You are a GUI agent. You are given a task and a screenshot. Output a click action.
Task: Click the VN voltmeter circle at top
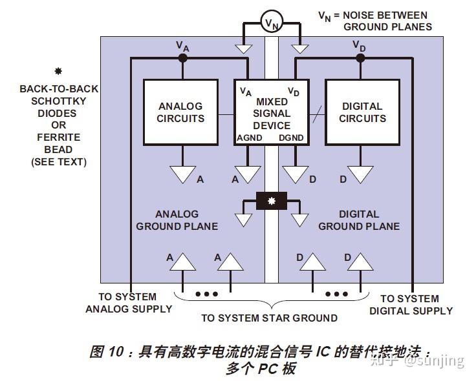(272, 24)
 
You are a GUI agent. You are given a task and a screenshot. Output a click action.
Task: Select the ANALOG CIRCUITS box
(181, 112)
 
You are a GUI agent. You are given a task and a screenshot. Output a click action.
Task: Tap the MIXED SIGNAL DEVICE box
(272, 112)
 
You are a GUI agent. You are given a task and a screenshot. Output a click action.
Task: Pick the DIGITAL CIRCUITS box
(362, 112)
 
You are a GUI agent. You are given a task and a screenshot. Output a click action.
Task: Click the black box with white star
(272, 201)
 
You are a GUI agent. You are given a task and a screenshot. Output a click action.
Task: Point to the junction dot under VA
(183, 58)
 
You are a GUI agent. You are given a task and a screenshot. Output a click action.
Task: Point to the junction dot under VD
(360, 58)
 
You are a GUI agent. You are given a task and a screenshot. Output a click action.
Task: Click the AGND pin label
(250, 138)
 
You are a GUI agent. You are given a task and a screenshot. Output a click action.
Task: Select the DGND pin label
(290, 138)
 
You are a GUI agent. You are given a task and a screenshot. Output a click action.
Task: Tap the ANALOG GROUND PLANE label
(186, 220)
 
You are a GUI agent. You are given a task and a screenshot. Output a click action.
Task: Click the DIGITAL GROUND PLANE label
(359, 220)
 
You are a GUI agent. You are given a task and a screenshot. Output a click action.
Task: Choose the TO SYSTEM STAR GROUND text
(269, 318)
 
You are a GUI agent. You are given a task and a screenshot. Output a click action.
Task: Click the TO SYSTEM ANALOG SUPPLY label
(129, 303)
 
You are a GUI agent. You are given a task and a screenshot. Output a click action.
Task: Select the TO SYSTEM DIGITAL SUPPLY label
(411, 305)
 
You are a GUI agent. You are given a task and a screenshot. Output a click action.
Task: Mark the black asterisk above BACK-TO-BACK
(58, 71)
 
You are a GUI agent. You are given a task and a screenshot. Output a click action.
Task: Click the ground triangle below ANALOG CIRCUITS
(183, 174)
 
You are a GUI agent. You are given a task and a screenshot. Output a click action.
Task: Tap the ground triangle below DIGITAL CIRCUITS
(360, 174)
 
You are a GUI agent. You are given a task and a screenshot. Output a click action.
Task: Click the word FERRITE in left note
(59, 138)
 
